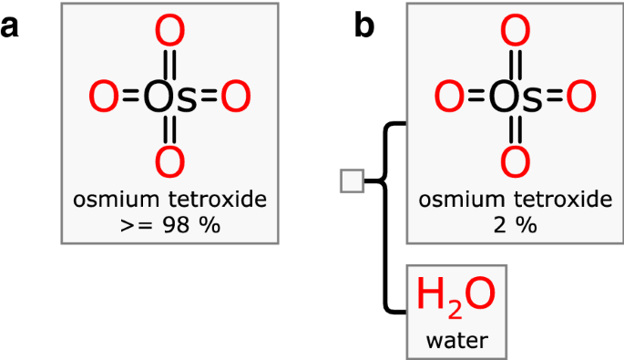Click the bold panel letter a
11,27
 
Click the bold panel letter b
363,27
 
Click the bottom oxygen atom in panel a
169,161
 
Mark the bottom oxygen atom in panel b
516,161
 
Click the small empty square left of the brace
352,180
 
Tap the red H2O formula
455,295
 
